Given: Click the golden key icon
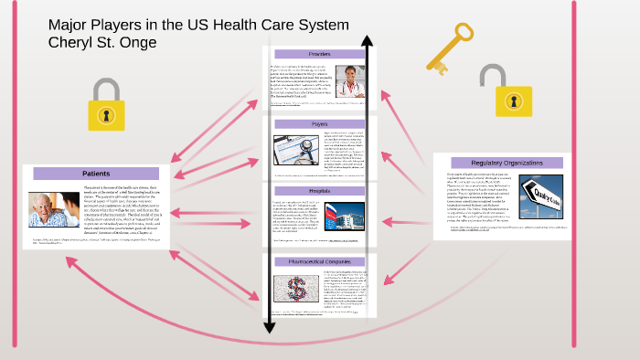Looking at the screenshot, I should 449,45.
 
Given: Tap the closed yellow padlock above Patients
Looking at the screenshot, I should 106,105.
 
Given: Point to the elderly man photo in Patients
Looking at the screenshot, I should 54,209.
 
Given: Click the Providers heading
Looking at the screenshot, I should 319,54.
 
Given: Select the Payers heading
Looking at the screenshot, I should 319,123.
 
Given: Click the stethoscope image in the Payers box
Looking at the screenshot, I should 295,149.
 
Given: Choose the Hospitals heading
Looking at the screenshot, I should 319,189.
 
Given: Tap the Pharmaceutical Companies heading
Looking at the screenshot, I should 319,262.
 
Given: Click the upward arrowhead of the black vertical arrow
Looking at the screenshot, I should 367,42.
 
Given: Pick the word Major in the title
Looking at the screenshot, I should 70,24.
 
